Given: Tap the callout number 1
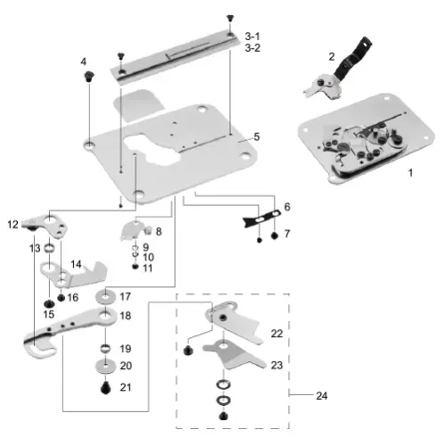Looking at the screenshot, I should [x=411, y=170].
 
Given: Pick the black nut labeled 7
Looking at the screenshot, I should [x=276, y=235].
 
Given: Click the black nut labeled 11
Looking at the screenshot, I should [x=135, y=268].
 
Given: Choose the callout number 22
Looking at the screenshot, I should [x=276, y=333].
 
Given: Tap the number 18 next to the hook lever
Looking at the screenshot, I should [x=125, y=316].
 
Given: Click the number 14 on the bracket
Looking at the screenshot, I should [x=76, y=264].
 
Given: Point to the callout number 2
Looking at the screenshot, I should [x=332, y=56].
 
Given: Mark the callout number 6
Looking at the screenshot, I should [x=287, y=207].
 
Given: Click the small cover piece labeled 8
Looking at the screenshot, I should [x=130, y=235].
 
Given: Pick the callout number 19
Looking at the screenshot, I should [x=125, y=348].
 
